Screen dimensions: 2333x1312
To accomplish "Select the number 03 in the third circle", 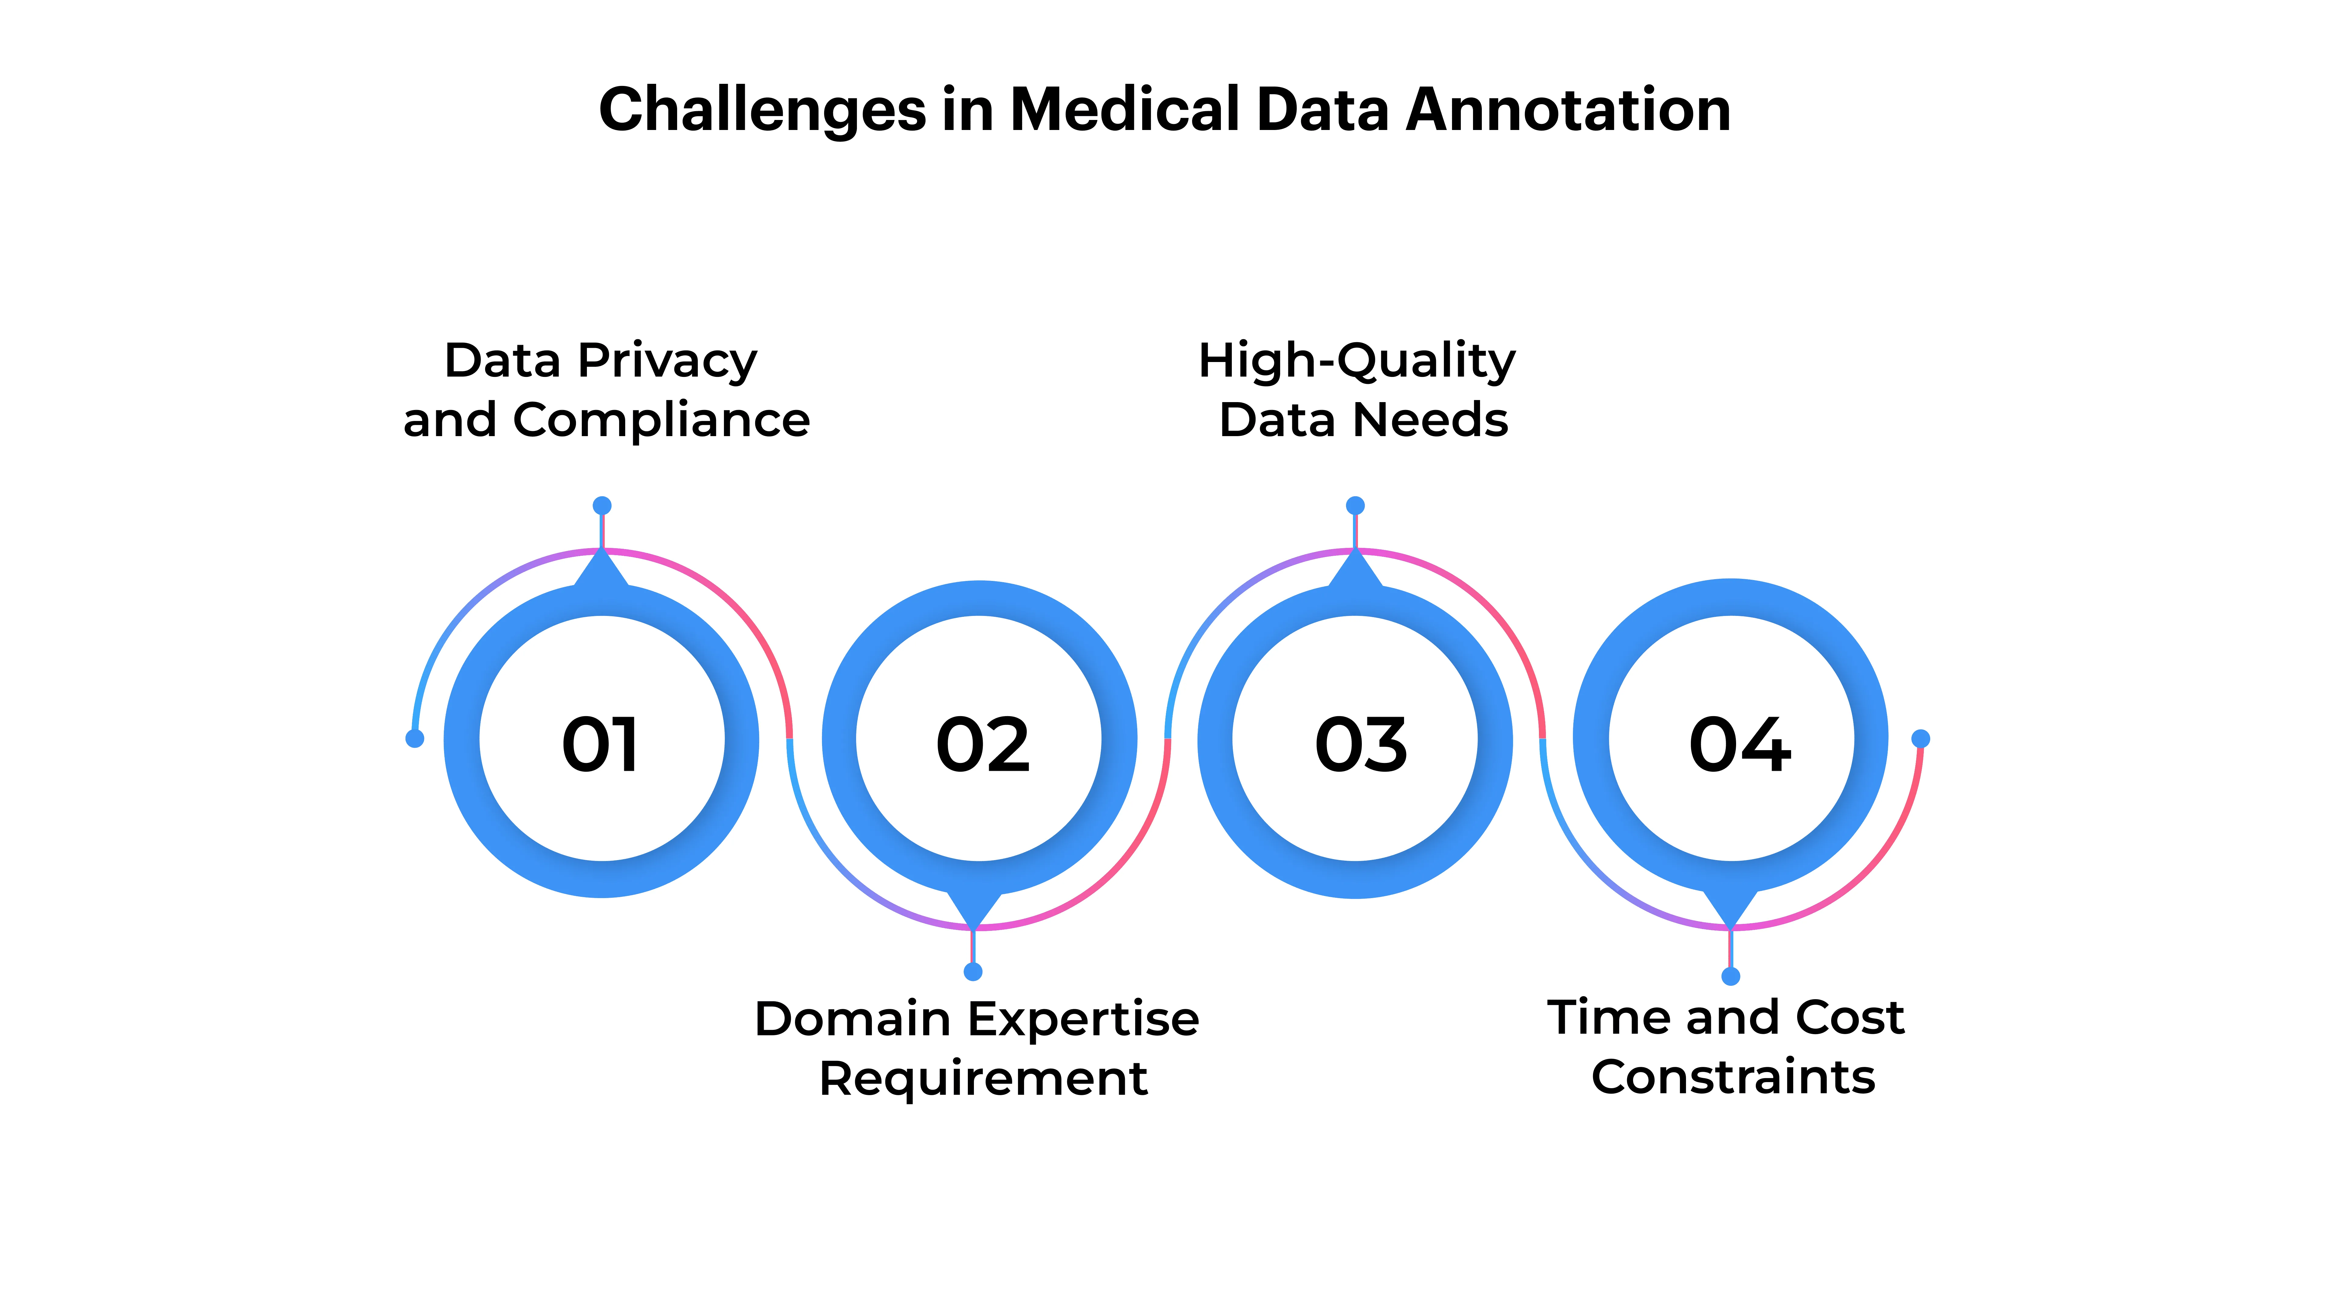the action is (x=1360, y=744).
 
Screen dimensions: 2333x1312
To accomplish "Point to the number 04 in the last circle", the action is (x=1739, y=744).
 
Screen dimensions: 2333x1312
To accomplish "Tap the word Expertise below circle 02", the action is (x=1083, y=1020).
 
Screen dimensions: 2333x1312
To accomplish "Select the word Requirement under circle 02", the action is (x=983, y=1078).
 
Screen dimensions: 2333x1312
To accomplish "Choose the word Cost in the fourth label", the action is (x=1849, y=1018).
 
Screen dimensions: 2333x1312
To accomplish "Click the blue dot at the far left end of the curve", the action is (x=415, y=739).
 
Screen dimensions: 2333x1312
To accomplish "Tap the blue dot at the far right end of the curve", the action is (x=1920, y=739).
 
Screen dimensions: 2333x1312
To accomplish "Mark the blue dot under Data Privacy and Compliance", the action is (x=601, y=505).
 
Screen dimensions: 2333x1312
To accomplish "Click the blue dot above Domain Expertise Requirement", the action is (x=973, y=972).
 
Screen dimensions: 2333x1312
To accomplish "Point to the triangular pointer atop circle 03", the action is (x=1355, y=570).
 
